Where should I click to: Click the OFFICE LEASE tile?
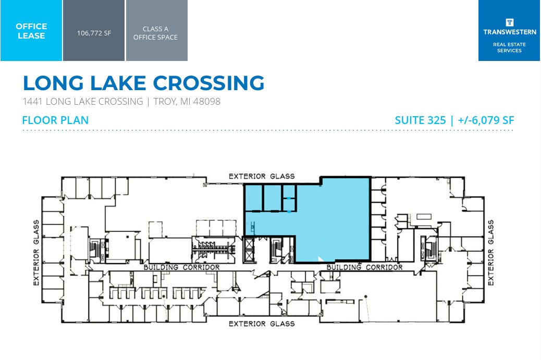point(31,31)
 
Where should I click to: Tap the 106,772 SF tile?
point(94,32)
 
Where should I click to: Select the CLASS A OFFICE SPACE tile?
point(156,33)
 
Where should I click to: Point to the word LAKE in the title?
point(110,83)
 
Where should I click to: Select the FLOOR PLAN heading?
point(55,120)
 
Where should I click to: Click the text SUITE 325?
point(420,120)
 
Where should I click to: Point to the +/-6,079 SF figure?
point(486,120)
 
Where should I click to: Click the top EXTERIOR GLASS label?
point(262,176)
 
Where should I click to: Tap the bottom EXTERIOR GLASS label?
point(262,324)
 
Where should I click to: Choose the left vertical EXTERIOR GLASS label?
point(36,253)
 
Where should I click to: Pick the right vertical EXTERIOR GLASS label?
point(490,253)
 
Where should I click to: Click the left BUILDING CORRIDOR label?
point(181,267)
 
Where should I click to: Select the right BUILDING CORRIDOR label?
point(364,267)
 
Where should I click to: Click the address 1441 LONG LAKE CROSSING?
point(83,102)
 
